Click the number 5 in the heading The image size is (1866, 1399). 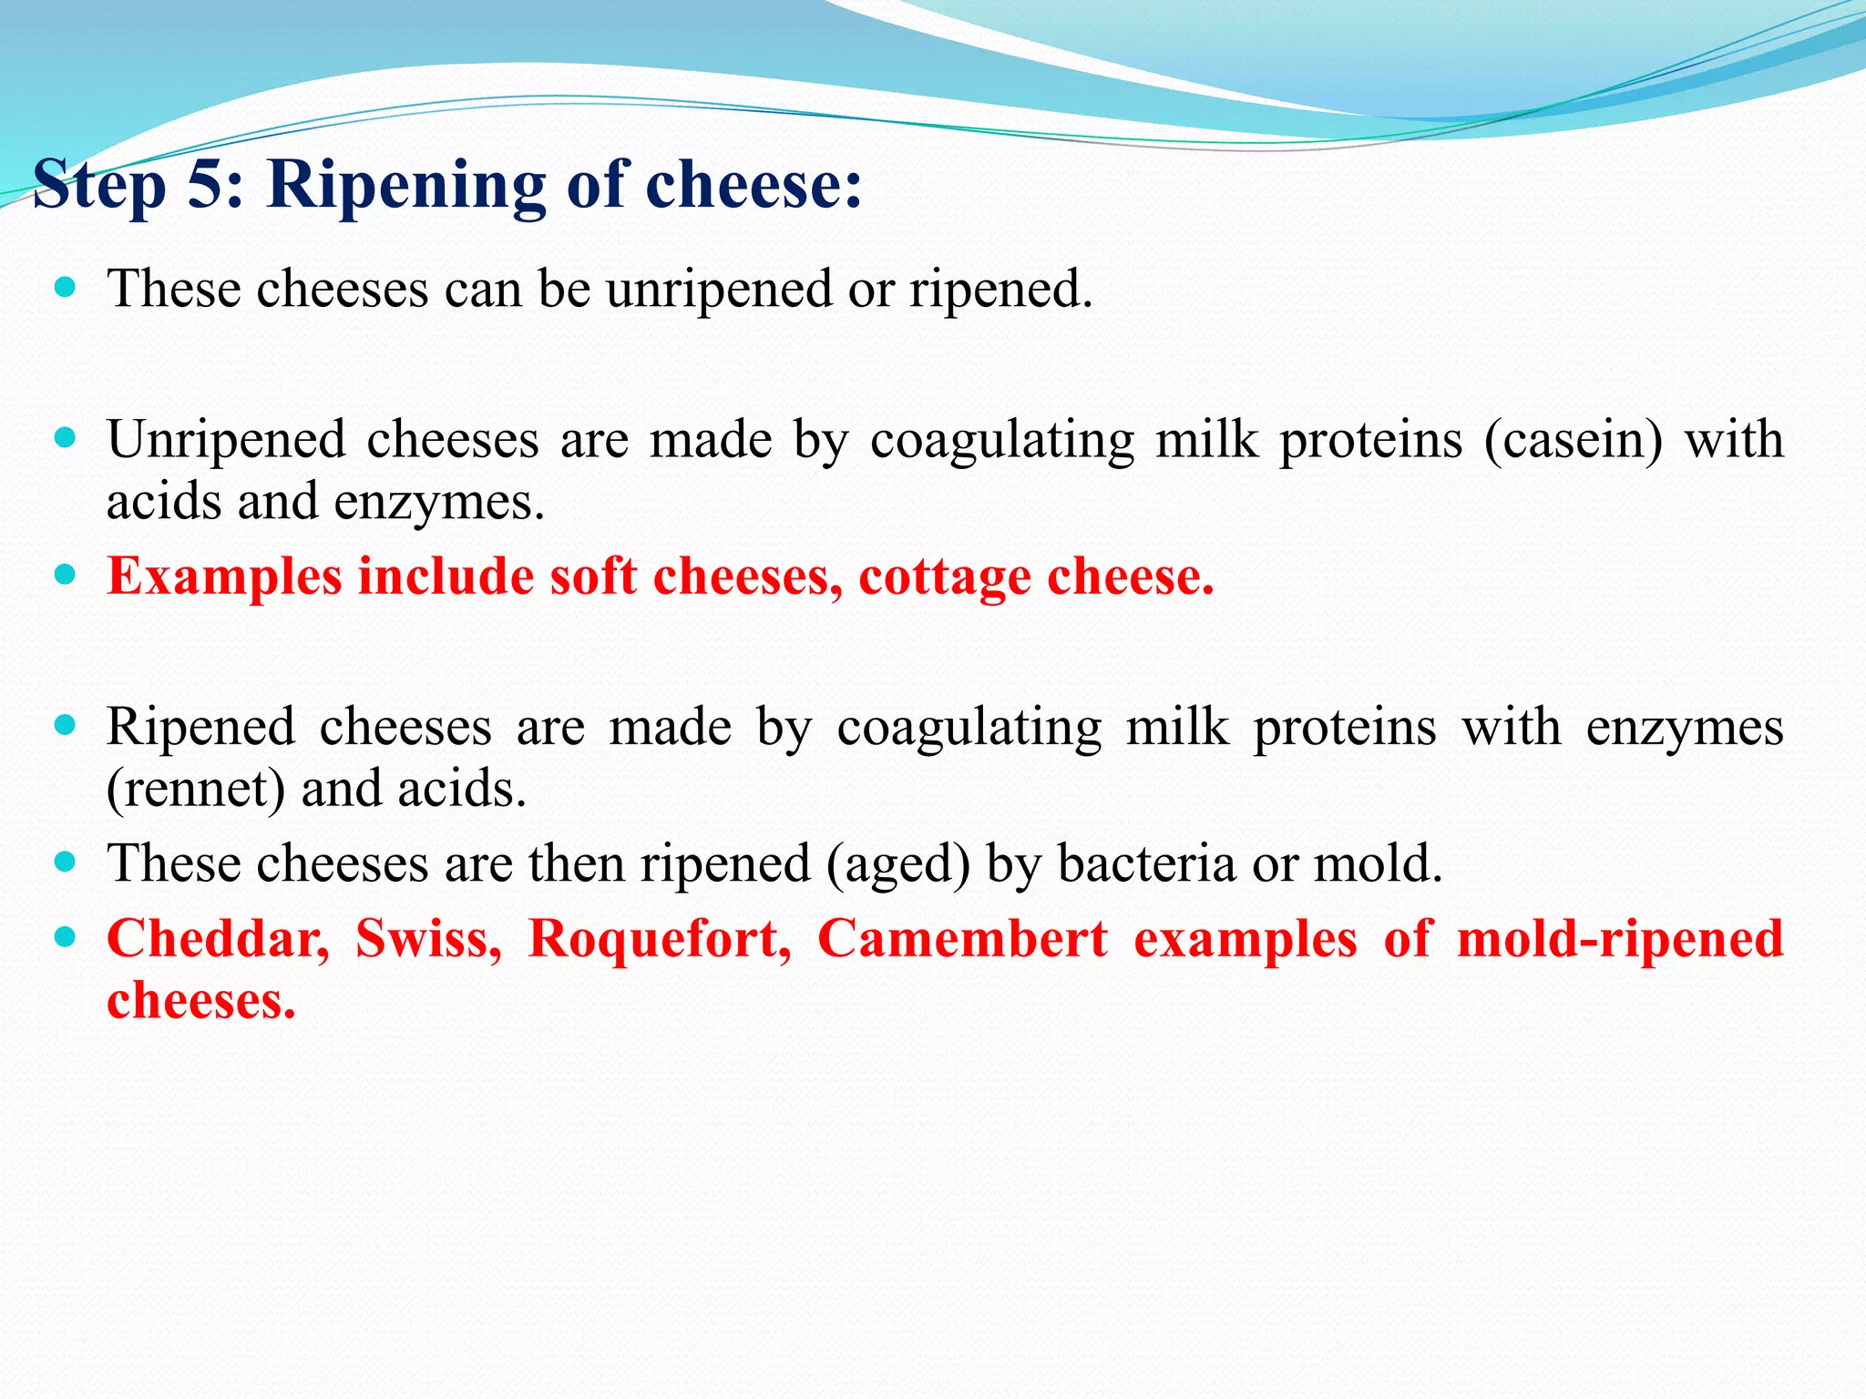click(206, 185)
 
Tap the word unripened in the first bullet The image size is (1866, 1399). click(719, 290)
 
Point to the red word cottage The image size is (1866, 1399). click(944, 577)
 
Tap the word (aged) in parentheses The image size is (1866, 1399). click(898, 864)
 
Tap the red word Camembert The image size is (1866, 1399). click(962, 938)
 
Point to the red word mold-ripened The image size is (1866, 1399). click(1619, 940)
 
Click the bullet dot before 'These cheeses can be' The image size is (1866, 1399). click(65, 289)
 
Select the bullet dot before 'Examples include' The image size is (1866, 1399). click(65, 576)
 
